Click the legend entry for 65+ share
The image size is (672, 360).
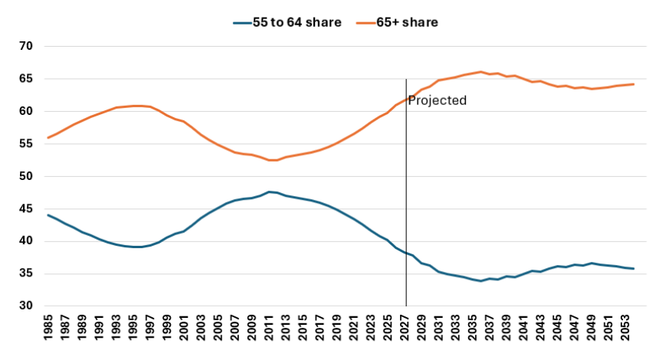point(397,22)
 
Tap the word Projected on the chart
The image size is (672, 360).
point(437,100)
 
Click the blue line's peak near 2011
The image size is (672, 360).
point(269,191)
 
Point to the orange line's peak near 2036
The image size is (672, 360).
point(480,72)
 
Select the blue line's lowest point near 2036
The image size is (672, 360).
point(480,281)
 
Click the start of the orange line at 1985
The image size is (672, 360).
point(48,138)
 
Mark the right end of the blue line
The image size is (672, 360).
point(634,269)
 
